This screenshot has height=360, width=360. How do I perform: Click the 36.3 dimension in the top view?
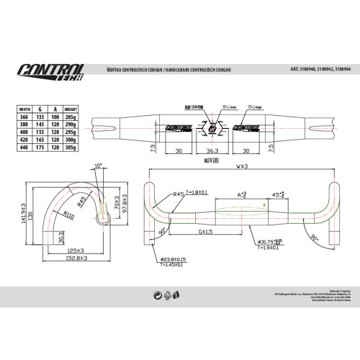(212, 151)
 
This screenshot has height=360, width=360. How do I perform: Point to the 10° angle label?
(98, 166)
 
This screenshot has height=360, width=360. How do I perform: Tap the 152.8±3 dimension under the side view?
(76, 258)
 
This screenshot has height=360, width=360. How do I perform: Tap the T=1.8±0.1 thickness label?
(197, 193)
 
